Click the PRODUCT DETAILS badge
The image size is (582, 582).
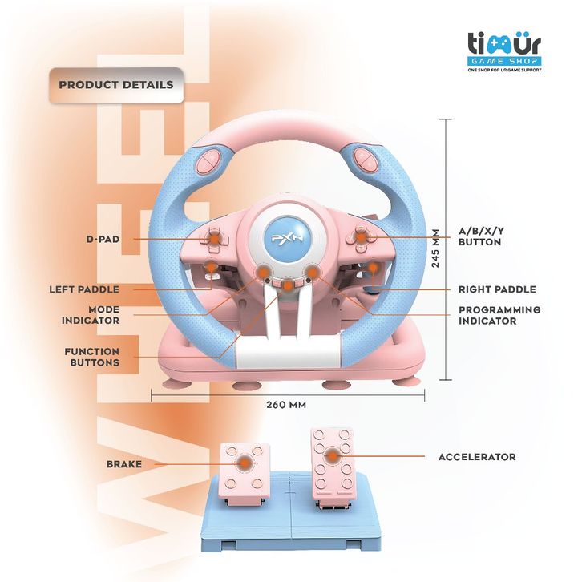click(x=115, y=84)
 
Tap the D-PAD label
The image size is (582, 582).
click(x=102, y=239)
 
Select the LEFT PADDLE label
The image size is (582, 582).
click(x=84, y=289)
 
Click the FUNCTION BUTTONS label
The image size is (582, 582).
click(x=92, y=357)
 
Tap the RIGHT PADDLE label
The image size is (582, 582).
click(x=497, y=289)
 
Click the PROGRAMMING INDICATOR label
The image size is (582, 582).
click(x=499, y=315)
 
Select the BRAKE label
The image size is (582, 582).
click(x=124, y=464)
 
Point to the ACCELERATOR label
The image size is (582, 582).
click(x=476, y=457)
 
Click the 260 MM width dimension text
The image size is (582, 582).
click(x=286, y=406)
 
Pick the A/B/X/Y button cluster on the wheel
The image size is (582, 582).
click(x=361, y=237)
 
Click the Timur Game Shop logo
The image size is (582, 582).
click(x=506, y=52)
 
